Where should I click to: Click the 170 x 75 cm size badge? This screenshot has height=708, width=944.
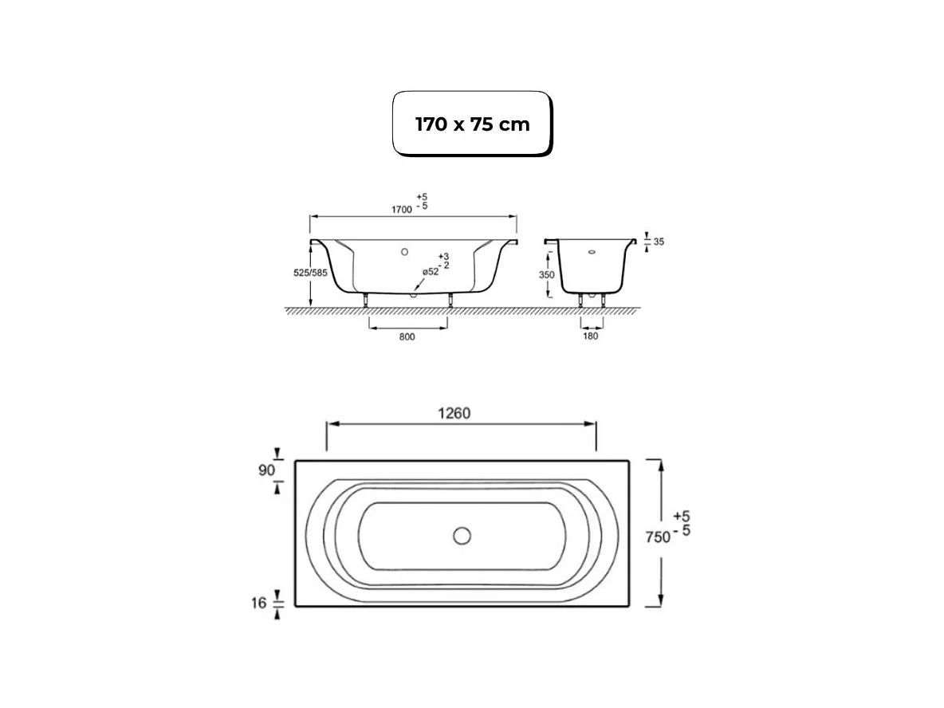tap(472, 124)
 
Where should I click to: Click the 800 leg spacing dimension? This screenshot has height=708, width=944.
tap(407, 337)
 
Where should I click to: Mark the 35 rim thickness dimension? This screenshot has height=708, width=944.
tap(659, 241)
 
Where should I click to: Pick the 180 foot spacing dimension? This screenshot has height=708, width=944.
tap(591, 336)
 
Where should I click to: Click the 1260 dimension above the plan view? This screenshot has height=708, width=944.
tap(454, 413)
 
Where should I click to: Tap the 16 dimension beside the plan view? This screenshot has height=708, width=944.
tap(258, 604)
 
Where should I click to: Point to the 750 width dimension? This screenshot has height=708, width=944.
tap(656, 537)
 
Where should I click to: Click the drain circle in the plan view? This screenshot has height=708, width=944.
tap(462, 536)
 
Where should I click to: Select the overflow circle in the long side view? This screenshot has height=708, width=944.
tap(405, 252)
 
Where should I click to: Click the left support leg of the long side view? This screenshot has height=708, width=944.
tap(366, 300)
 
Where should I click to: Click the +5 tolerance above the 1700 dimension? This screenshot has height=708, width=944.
tap(420, 196)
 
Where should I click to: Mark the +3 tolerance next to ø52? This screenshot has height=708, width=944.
tap(444, 256)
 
